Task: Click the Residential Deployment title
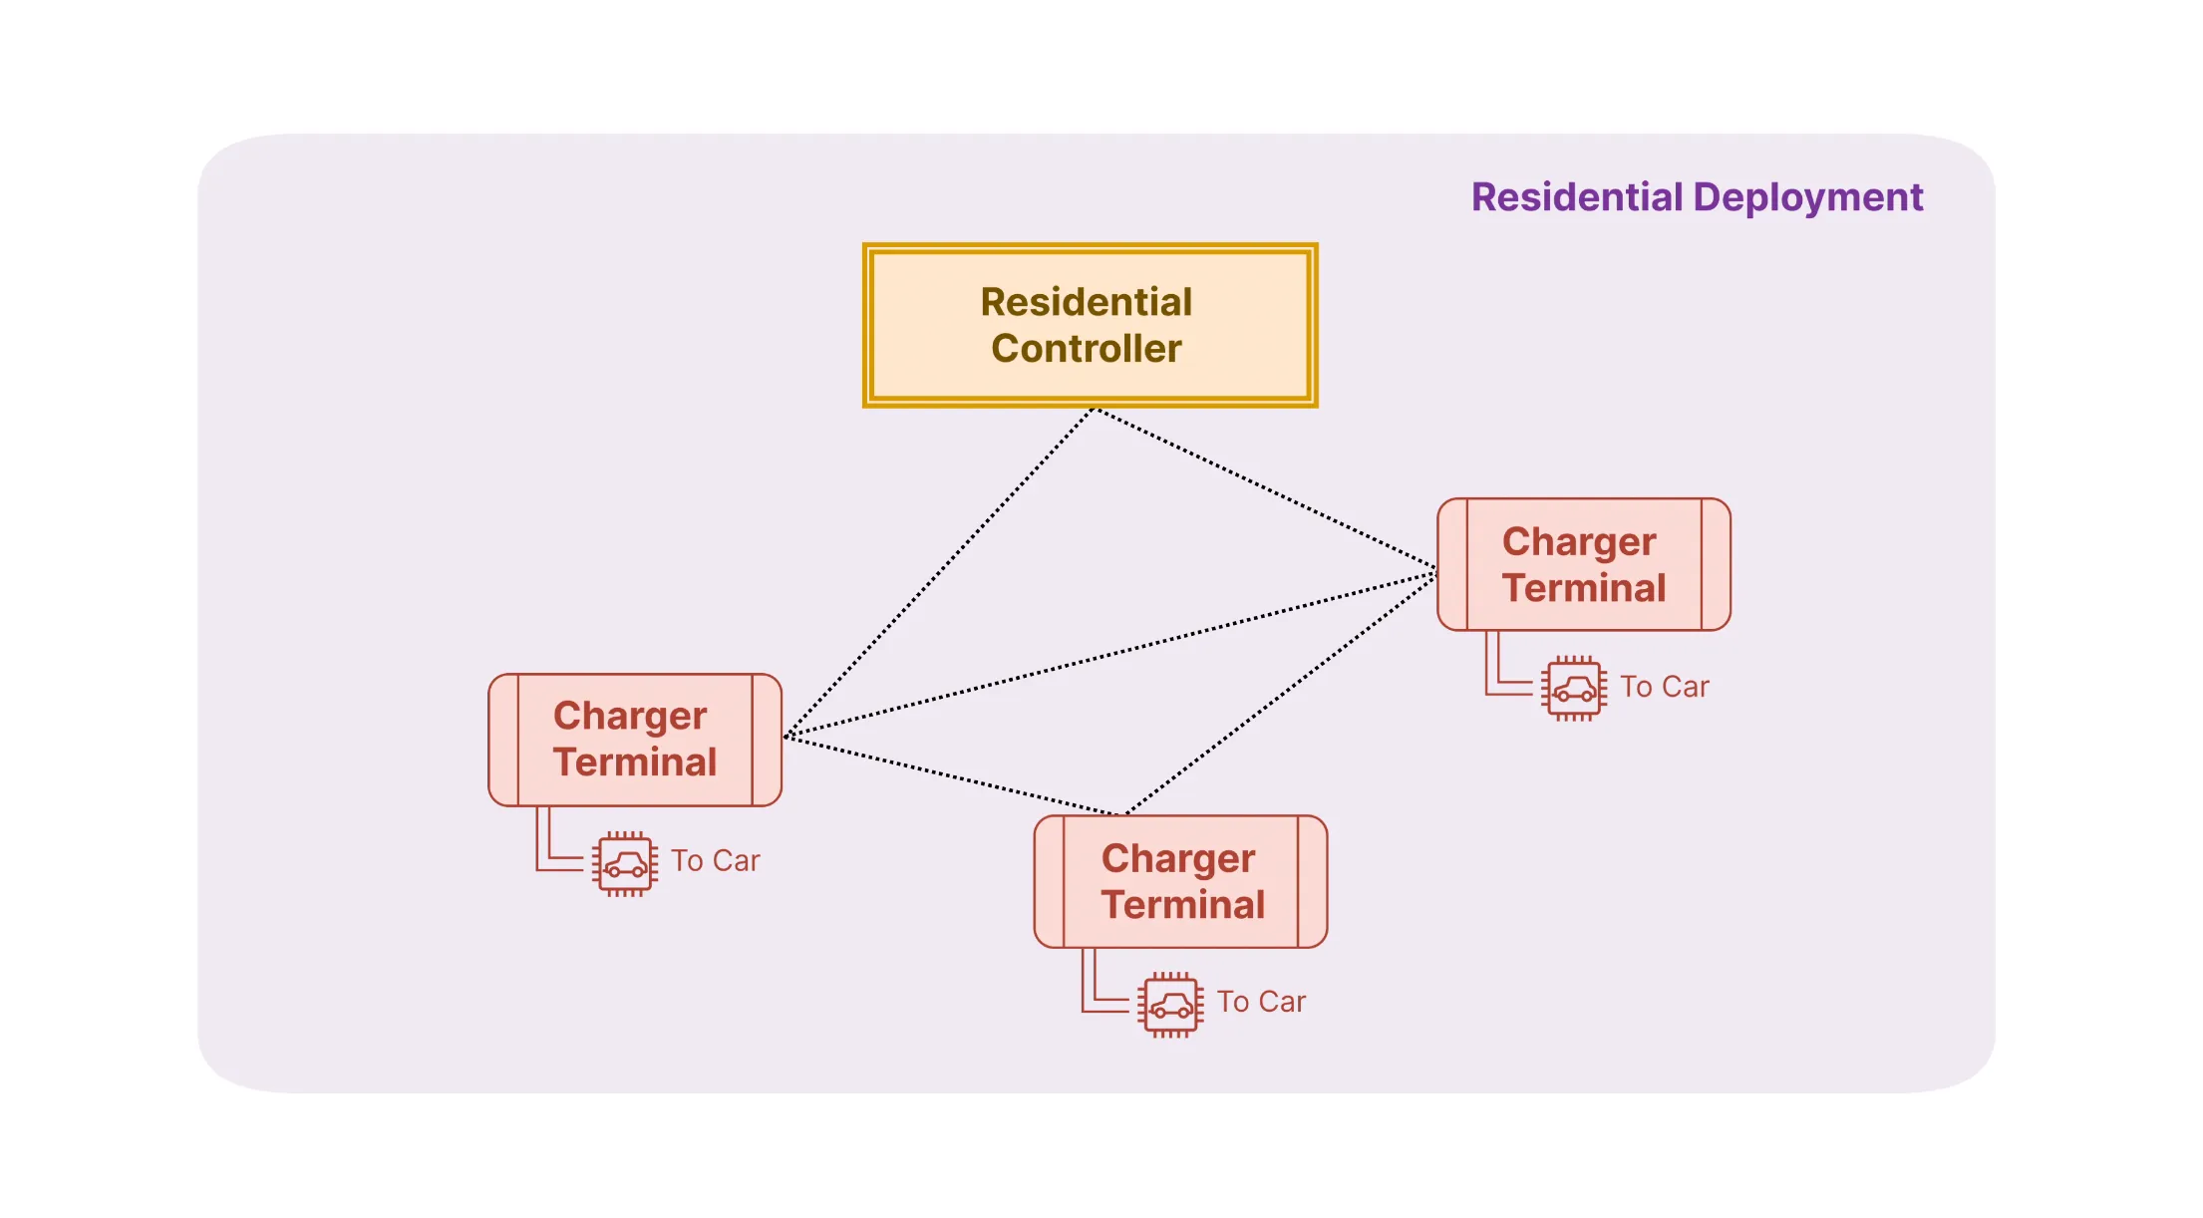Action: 1697,197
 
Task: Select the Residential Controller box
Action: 1090,325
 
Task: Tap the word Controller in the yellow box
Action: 1087,349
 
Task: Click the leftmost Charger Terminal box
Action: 635,740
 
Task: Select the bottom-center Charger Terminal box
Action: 1181,882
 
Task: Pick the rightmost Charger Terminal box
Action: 1584,564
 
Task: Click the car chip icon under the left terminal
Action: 625,863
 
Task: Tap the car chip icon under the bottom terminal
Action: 1171,1004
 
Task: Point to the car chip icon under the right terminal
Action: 1574,688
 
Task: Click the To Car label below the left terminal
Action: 715,861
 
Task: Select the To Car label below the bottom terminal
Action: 1261,1002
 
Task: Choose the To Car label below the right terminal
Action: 1664,687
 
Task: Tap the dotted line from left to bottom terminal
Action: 952,775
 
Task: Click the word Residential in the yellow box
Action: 1087,302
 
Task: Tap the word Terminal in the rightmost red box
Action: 1584,588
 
